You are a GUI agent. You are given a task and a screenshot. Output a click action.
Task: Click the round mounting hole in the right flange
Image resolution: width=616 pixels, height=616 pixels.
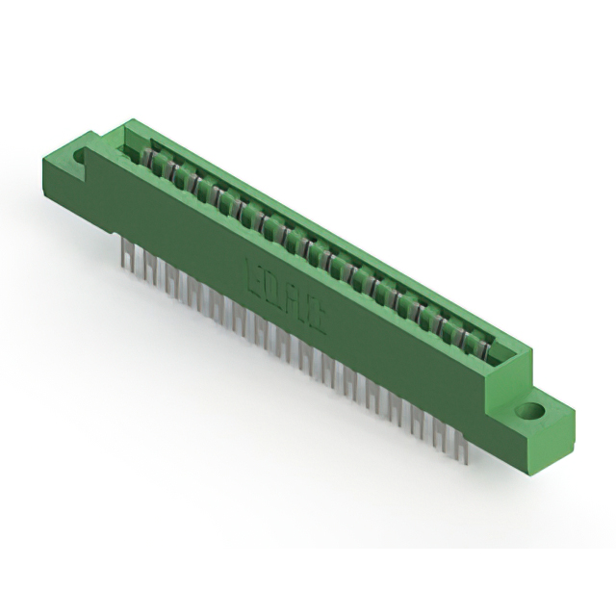click(x=528, y=411)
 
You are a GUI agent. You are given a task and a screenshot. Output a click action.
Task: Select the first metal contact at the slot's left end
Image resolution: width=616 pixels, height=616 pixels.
click(x=150, y=157)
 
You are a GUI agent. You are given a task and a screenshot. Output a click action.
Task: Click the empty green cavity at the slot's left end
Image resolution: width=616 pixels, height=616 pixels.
click(x=132, y=147)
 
